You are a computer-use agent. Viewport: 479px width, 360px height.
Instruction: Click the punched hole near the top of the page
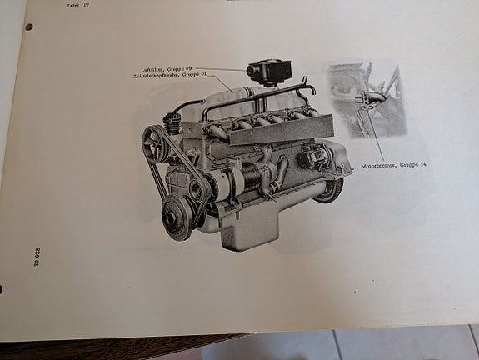[28, 27]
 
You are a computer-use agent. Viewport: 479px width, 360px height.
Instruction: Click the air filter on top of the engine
[267, 72]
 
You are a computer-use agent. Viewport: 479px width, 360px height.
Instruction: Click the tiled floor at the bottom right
[400, 343]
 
